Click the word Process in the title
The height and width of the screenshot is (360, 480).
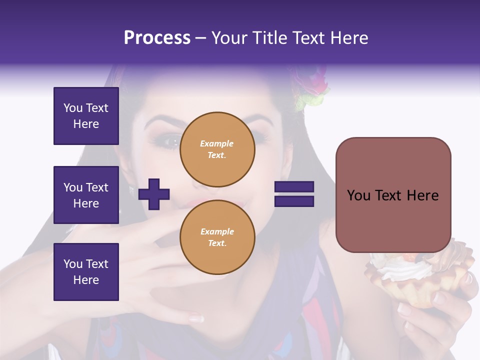tap(157, 38)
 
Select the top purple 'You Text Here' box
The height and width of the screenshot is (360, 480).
tap(86, 116)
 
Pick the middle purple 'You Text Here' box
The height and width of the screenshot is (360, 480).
tap(86, 195)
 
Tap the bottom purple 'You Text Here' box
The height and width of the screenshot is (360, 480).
tap(86, 272)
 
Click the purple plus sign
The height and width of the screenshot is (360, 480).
tap(154, 194)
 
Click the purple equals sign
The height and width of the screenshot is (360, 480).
tap(294, 194)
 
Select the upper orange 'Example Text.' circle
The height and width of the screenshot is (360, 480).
tap(217, 149)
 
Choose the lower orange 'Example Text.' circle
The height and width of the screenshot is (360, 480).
tap(217, 237)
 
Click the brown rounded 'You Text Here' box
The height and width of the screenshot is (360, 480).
tap(393, 195)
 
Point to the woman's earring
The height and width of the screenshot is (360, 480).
tap(131, 190)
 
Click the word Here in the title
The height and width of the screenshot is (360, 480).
tap(348, 38)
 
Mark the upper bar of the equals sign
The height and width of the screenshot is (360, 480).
tap(294, 187)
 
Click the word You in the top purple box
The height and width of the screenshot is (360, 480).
tap(73, 108)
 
